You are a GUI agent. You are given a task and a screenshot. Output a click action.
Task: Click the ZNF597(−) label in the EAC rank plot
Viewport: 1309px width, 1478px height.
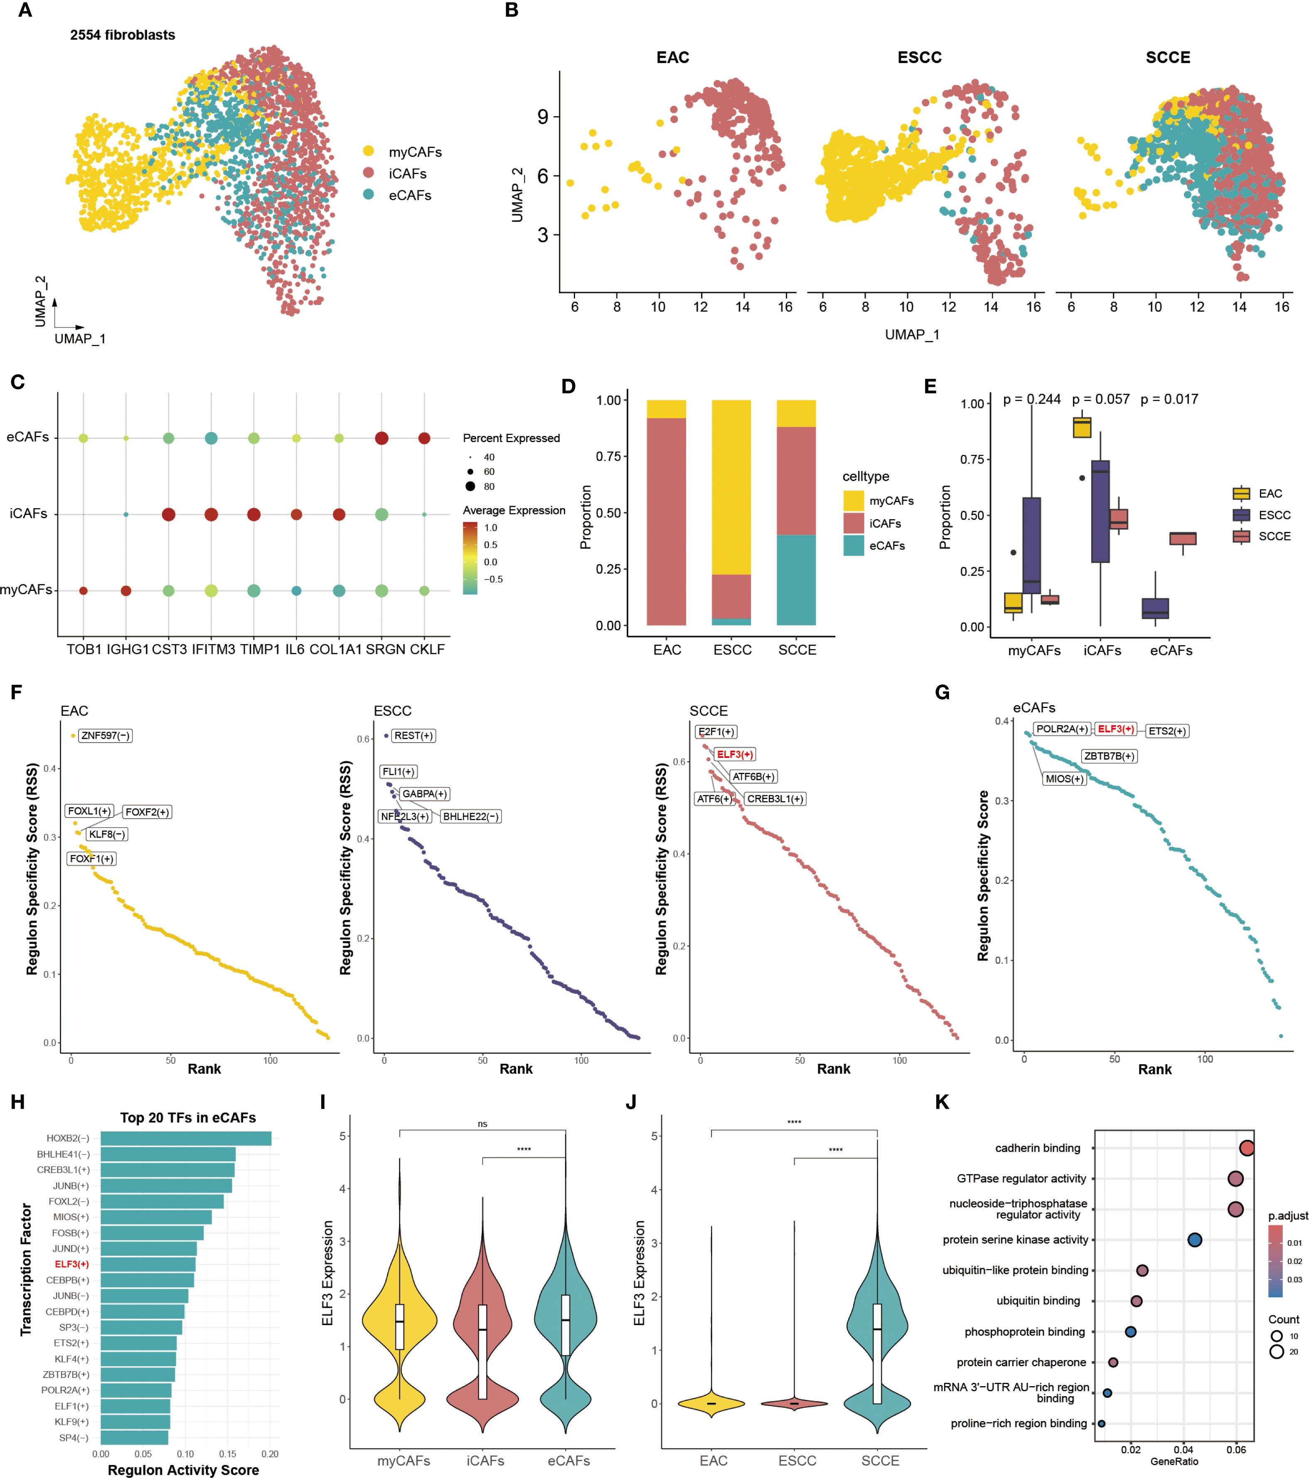[x=105, y=735]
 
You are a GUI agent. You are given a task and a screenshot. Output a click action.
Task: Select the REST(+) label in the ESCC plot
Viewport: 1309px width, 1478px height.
[x=413, y=735]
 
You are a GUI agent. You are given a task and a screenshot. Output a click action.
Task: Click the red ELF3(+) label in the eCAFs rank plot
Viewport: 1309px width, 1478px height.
[x=1115, y=729]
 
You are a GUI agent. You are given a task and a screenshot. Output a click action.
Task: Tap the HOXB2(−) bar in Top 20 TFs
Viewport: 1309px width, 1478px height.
[x=186, y=1138]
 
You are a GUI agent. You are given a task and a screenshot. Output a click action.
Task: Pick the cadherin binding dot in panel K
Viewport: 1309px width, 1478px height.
[x=1246, y=1148]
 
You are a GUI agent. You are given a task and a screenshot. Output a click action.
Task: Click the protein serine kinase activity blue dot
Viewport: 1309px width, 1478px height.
[x=1195, y=1239]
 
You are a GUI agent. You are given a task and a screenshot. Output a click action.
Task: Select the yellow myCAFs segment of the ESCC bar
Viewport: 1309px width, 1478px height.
[x=731, y=487]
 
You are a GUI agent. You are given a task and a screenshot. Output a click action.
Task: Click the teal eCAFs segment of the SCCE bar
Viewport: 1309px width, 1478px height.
[x=796, y=580]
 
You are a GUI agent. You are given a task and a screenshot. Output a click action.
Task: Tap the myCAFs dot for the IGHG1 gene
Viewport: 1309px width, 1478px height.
[x=126, y=591]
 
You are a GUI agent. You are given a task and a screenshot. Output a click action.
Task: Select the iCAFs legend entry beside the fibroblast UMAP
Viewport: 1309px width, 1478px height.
[x=407, y=174]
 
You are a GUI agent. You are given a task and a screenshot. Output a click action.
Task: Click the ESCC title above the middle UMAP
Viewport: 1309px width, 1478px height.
[x=919, y=58]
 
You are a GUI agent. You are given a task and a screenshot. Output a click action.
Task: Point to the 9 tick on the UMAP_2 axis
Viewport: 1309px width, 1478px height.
[x=542, y=117]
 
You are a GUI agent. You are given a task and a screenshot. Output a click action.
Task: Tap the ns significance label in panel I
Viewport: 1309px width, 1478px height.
[x=482, y=1124]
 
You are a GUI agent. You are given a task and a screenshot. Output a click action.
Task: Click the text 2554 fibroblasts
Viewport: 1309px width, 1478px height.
[x=122, y=35]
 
